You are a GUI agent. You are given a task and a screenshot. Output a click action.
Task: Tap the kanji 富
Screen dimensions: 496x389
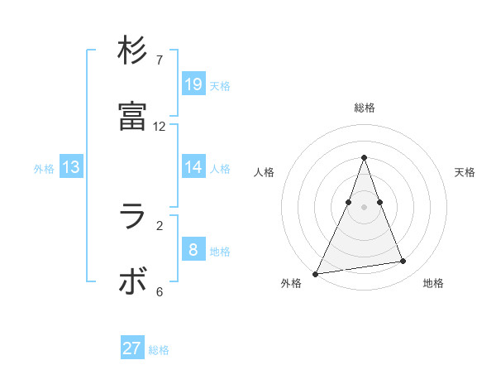pyautogui.click(x=132, y=116)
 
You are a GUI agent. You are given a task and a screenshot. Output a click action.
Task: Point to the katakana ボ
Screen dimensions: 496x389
pyautogui.click(x=132, y=281)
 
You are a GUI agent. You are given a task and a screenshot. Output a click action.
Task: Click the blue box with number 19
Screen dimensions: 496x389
pyautogui.click(x=193, y=84)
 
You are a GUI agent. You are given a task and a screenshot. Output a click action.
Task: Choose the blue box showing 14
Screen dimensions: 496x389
pyautogui.click(x=193, y=166)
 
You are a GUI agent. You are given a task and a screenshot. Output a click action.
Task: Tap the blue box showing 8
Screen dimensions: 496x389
pyautogui.click(x=193, y=249)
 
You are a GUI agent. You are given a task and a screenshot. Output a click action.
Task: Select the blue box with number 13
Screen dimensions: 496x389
pyautogui.click(x=71, y=167)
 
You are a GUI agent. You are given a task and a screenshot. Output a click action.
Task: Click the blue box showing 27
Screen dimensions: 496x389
pyautogui.click(x=132, y=348)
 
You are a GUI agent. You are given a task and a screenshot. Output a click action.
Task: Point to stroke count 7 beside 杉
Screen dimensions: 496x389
pyautogui.click(x=160, y=60)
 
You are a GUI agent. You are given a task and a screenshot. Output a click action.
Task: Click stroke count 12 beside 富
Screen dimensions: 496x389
pyautogui.click(x=160, y=127)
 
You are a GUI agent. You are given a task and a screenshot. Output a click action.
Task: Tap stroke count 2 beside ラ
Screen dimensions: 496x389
pyautogui.click(x=160, y=225)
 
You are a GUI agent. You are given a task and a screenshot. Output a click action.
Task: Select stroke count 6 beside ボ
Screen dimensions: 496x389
pyautogui.click(x=160, y=291)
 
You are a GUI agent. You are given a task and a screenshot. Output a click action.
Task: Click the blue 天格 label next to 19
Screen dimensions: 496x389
pyautogui.click(x=220, y=85)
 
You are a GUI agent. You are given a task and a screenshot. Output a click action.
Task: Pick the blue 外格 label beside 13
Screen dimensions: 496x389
pyautogui.click(x=44, y=169)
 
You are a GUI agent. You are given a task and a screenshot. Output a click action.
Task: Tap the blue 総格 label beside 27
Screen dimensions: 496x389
pyautogui.click(x=159, y=350)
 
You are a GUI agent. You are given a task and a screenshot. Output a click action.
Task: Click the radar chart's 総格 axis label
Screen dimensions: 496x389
pyautogui.click(x=365, y=108)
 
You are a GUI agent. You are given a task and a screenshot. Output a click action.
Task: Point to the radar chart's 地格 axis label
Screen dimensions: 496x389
pyautogui.click(x=433, y=283)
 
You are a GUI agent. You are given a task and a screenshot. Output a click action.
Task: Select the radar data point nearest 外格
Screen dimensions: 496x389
pyautogui.click(x=316, y=274)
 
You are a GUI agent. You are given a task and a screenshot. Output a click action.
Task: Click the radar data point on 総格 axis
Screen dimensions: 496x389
pyautogui.click(x=364, y=157)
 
